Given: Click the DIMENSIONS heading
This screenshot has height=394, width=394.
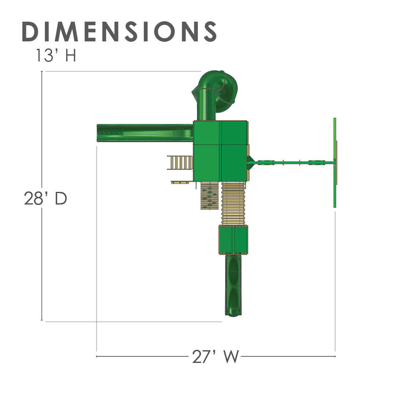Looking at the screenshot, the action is point(119,31).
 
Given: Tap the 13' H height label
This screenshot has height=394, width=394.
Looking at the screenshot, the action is point(56,55).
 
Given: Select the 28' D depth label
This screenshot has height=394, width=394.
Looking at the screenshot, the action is point(46,198).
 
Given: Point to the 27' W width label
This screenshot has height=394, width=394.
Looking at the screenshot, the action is point(215,356).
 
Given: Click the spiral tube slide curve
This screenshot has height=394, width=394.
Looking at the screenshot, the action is point(226,88).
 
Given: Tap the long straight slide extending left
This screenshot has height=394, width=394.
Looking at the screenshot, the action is point(145,133).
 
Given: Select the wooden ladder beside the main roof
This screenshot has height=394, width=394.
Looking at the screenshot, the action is point(180,163).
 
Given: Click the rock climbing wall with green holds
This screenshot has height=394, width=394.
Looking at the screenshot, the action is point(209,195).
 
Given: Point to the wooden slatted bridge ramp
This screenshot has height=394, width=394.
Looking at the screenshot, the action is point(233,203).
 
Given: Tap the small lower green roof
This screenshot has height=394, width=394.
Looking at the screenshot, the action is point(233,240).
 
